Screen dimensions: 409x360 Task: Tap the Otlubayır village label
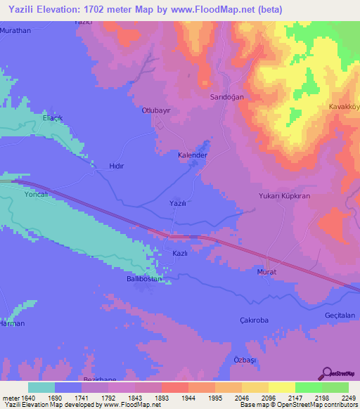(x=157, y=111)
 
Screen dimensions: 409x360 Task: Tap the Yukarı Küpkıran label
(x=284, y=197)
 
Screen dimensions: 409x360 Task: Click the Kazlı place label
(x=180, y=253)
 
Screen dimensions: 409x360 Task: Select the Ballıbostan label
(x=139, y=279)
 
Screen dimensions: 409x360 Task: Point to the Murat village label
(x=266, y=272)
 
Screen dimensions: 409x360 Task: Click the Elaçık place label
(x=53, y=117)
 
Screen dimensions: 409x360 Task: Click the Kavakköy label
(x=345, y=107)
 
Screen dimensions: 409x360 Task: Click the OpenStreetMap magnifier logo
(x=328, y=375)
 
